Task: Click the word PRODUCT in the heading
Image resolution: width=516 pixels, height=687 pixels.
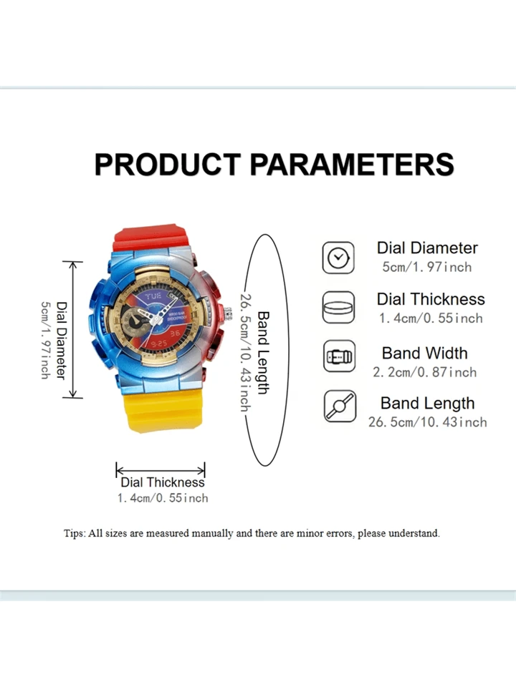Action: click(x=168, y=165)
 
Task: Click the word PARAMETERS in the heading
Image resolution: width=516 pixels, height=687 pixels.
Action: click(x=352, y=165)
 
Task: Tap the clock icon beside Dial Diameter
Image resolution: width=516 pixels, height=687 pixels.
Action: click(x=338, y=258)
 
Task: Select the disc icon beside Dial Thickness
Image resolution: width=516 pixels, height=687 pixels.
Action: click(x=338, y=308)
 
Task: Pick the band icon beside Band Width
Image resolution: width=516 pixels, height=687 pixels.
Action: click(x=339, y=356)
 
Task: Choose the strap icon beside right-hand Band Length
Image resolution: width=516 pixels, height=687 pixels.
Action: click(x=340, y=406)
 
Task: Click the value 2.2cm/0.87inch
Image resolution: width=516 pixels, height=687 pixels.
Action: click(x=425, y=372)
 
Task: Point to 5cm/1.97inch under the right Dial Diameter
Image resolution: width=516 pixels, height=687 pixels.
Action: click(x=427, y=267)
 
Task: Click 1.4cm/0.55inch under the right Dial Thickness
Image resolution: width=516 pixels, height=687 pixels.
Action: click(x=431, y=318)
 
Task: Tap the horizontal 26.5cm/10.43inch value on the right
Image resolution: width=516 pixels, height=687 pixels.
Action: click(x=427, y=422)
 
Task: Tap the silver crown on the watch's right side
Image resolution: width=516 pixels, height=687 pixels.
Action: click(x=228, y=313)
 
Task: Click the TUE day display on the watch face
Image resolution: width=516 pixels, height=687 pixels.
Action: click(x=153, y=296)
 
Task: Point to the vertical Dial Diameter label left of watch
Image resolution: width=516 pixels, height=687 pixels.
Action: click(x=62, y=341)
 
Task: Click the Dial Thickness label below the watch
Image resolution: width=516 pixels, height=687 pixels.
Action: click(x=163, y=482)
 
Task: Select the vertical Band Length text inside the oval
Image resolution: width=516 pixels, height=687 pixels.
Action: click(x=262, y=353)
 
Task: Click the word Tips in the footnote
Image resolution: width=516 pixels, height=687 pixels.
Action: click(x=74, y=534)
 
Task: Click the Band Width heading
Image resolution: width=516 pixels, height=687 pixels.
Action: click(x=425, y=353)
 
